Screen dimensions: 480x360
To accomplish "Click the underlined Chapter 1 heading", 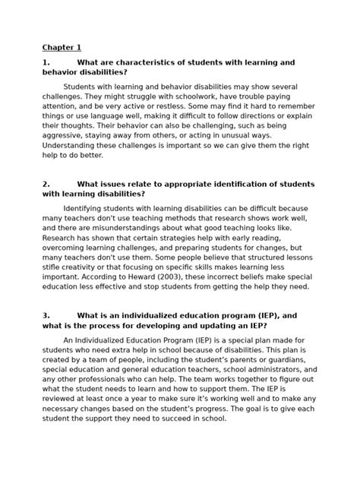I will coord(61,47).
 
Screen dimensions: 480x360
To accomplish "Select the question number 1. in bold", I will coord(46,62).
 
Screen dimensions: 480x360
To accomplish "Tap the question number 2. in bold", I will coord(46,185).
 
